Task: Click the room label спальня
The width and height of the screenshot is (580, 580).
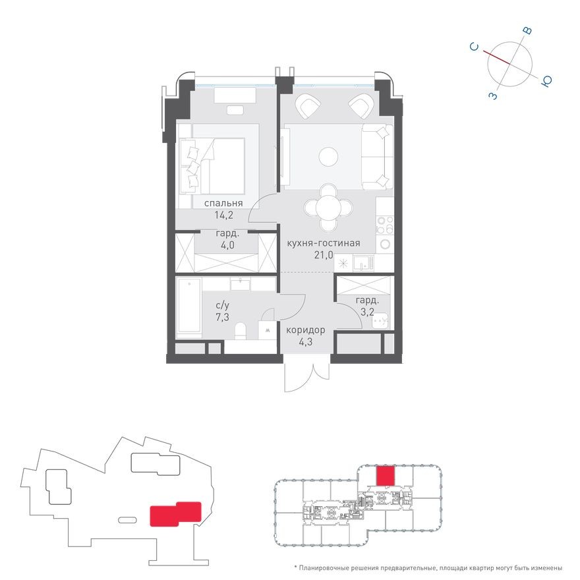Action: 223,203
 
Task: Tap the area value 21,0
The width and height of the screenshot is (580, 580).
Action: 323,254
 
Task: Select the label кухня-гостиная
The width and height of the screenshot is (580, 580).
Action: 323,243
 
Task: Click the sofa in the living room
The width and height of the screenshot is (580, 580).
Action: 376,156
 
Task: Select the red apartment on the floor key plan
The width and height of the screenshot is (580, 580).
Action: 384,476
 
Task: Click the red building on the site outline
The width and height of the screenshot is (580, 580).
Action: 175,514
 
